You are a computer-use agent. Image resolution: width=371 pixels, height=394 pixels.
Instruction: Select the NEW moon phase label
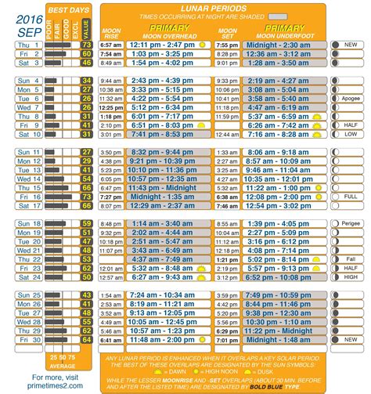click(x=350, y=45)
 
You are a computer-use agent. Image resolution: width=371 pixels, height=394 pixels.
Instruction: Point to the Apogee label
click(x=350, y=99)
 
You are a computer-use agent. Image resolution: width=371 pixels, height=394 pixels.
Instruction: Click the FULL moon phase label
click(x=350, y=196)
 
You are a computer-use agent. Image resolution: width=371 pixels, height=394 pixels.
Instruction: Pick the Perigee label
click(x=350, y=223)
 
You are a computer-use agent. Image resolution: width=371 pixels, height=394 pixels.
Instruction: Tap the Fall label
click(x=350, y=258)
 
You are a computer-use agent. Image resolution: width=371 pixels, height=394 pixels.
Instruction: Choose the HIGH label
click(x=350, y=277)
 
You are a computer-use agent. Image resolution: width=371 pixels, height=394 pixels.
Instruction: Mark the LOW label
click(x=350, y=134)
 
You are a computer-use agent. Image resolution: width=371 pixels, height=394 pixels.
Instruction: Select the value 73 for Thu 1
click(x=86, y=45)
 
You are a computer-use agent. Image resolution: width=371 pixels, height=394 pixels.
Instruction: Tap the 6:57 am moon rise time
click(x=110, y=45)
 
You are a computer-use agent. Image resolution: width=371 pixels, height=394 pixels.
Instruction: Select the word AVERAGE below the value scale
click(x=63, y=365)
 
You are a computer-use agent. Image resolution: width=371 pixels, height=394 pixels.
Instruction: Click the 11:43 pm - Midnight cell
click(x=162, y=188)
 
